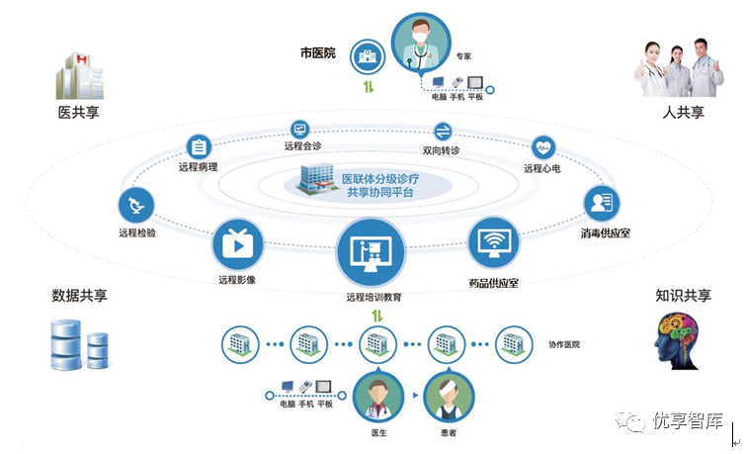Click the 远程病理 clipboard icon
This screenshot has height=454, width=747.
pos(199,147)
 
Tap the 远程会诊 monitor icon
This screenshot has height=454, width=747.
pos(300,130)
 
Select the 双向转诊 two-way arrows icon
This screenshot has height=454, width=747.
pos(443,132)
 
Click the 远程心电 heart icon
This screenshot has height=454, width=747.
pos(543,148)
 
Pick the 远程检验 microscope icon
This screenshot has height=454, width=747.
pos(136,206)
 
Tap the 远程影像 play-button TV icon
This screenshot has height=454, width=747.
pos(238,245)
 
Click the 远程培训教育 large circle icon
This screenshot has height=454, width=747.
pos(372,253)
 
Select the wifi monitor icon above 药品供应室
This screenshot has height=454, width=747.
pos(494,242)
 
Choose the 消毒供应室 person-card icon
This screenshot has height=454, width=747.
pos(602,204)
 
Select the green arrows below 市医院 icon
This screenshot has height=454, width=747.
pos(369,87)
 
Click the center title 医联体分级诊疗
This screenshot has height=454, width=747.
pos(380,179)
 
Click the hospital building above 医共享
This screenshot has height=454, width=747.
pos(80,76)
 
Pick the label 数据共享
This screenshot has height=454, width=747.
pos(80,296)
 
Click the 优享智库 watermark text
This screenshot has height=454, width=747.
pos(688,420)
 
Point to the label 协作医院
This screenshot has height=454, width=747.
pos(564,344)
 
